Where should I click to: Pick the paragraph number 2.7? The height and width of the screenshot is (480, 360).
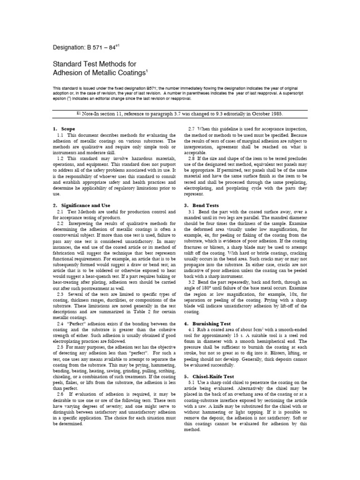click(193, 128)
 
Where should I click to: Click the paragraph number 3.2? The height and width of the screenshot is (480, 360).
click(193, 282)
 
